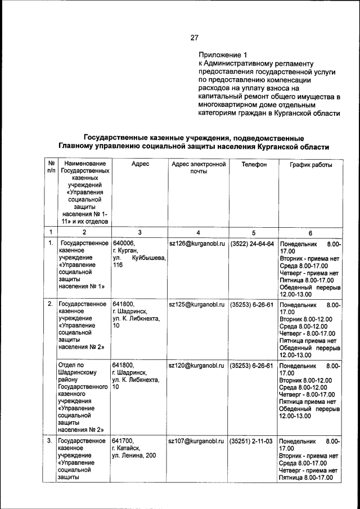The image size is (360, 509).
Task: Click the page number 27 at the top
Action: (x=194, y=38)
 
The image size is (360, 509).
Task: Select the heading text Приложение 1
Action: (x=223, y=55)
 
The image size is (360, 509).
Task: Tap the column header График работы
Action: (x=310, y=165)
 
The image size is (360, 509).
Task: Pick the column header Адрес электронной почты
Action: (x=198, y=168)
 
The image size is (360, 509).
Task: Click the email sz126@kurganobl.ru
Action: (x=197, y=244)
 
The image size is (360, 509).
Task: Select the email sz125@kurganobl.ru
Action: (x=197, y=304)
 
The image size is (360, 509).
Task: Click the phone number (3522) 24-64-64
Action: (x=253, y=244)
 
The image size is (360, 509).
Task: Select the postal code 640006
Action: (x=124, y=244)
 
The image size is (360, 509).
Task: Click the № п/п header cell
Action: (x=51, y=168)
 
